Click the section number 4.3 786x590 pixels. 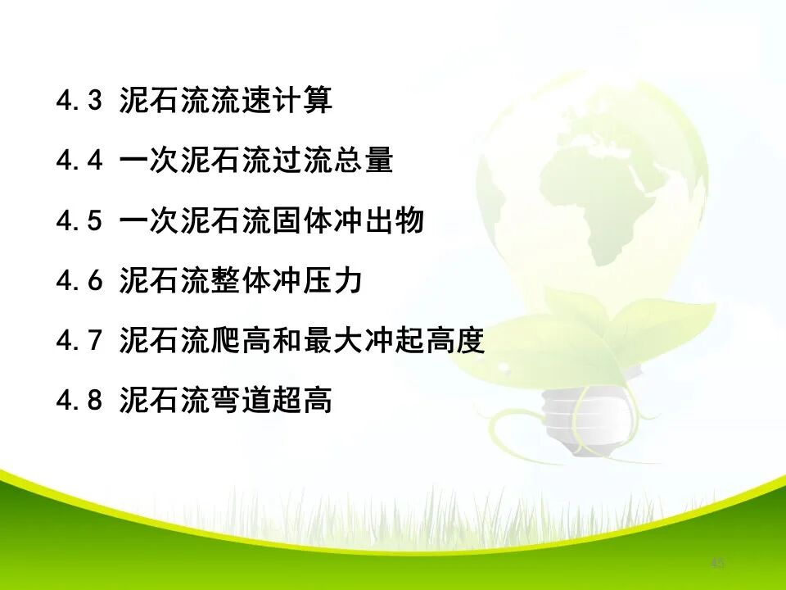pyautogui.click(x=79, y=101)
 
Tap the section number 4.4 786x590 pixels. pyautogui.click(x=79, y=161)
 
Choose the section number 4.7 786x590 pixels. pyautogui.click(x=79, y=341)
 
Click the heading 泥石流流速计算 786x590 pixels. pyautogui.click(x=225, y=101)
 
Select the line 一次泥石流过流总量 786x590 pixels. pyautogui.click(x=256, y=161)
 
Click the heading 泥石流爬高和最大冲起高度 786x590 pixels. pyautogui.click(x=302, y=341)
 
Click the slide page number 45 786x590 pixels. pyautogui.click(x=718, y=563)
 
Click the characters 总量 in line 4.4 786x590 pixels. pyautogui.click(x=364, y=161)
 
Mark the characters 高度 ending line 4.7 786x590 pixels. pyautogui.click(x=455, y=341)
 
